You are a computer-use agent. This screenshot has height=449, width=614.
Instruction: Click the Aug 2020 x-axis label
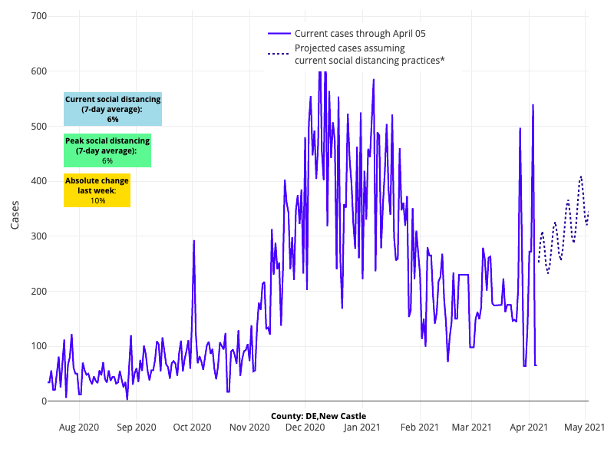coord(79,427)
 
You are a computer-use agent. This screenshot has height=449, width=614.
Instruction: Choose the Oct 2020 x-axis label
coord(192,427)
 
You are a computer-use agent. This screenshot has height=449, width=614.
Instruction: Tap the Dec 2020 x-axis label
coord(305,427)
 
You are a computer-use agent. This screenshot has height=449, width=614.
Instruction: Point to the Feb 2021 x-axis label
coord(418,427)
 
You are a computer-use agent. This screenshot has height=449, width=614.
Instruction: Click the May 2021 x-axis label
coord(586,427)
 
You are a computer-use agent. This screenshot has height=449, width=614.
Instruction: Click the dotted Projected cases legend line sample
coord(279,54)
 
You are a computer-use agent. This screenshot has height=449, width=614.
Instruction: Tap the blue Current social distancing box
coord(113,109)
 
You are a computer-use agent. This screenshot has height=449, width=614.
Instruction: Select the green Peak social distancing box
coord(107,150)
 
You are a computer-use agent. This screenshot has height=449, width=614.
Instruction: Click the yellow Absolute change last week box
coord(97,190)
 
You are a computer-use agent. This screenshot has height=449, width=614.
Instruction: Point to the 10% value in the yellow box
coord(97,200)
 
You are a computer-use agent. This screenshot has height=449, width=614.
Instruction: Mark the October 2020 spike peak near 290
coord(193,241)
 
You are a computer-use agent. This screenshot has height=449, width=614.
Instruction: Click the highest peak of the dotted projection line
coord(581,177)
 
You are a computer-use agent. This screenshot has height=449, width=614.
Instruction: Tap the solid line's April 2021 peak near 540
coord(533,104)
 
